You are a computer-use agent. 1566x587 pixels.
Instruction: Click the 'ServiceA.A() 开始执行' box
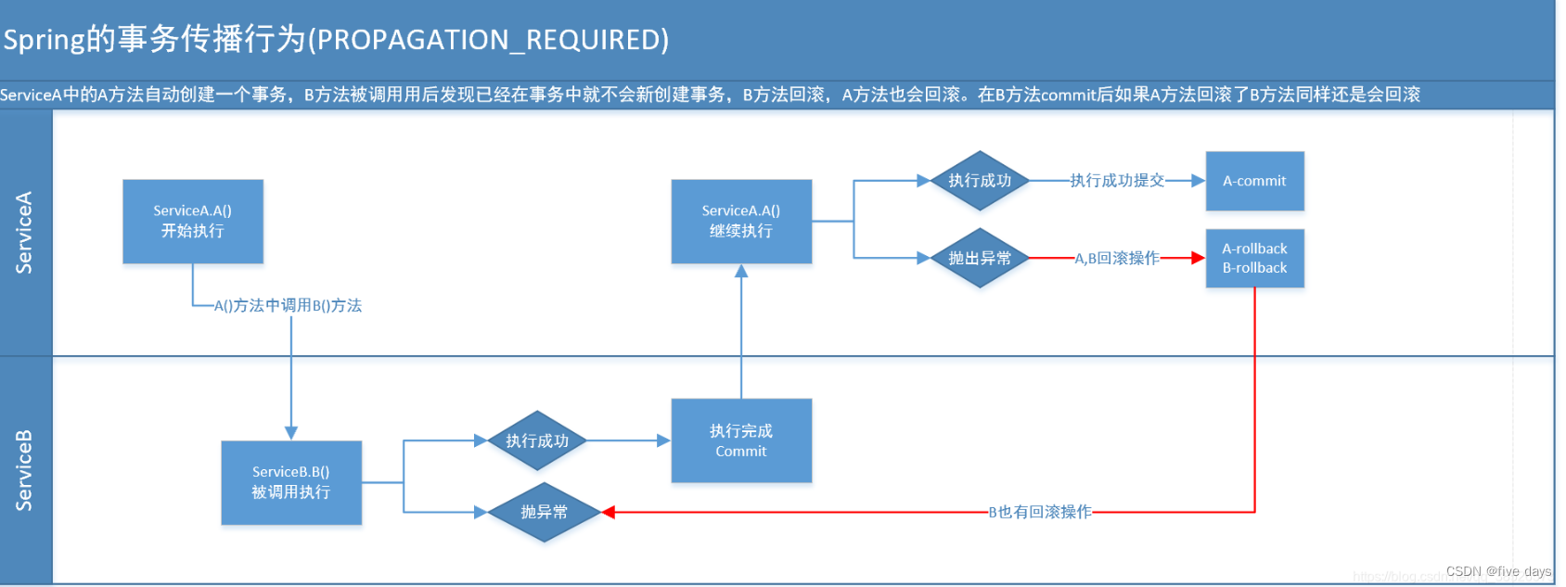click(x=193, y=222)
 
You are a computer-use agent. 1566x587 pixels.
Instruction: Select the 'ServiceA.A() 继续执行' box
click(x=741, y=222)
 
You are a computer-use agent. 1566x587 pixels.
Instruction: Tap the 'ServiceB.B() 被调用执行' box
click(x=291, y=482)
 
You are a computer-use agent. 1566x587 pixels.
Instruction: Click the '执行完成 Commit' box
click(x=741, y=440)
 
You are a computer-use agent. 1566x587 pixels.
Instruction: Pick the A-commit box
click(x=1254, y=181)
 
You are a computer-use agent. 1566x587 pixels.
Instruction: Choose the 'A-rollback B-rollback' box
click(x=1254, y=259)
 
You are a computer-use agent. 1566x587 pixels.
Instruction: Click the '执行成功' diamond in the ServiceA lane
click(x=980, y=181)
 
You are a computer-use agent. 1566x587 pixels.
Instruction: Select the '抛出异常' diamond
click(x=980, y=259)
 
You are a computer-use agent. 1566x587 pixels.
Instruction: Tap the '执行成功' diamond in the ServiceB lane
click(x=537, y=441)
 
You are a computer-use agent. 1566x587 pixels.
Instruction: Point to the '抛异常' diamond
click(x=545, y=512)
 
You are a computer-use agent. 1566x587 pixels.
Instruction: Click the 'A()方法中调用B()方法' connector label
click(x=288, y=305)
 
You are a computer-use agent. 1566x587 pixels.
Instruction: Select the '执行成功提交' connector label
click(x=1117, y=181)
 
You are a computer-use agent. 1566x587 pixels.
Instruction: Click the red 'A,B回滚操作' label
click(x=1117, y=259)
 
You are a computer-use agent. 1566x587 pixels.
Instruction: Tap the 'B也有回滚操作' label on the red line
click(x=1040, y=512)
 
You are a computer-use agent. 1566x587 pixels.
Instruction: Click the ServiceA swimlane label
click(x=25, y=233)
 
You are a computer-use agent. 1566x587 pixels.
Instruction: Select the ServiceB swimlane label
click(x=25, y=470)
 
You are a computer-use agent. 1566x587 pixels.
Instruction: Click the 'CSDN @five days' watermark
click(x=1498, y=571)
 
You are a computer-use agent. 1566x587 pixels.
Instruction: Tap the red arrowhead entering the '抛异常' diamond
click(x=609, y=512)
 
